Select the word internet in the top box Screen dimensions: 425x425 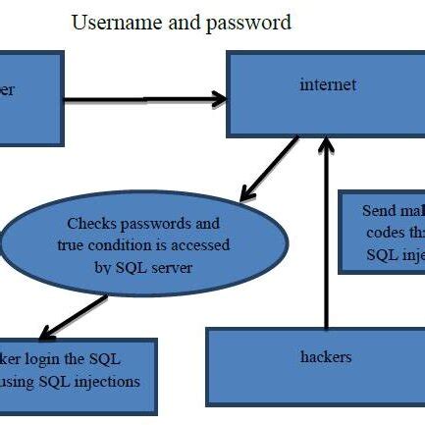point(327,84)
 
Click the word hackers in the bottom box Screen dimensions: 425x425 point(324,356)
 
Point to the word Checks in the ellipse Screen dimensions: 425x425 point(89,224)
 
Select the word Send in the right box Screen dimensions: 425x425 point(380,211)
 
